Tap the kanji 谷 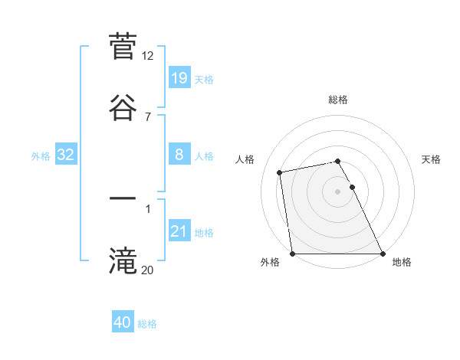coord(123,106)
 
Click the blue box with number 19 coord(179,77)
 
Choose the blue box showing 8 coord(179,155)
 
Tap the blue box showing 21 coord(179,231)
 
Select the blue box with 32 coord(66,155)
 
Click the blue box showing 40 coord(123,322)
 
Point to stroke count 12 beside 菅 coord(148,55)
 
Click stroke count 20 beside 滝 coord(148,269)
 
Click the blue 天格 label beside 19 coord(204,79)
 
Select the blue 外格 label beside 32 coord(41,155)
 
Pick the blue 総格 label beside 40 coord(147,324)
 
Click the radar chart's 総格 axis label coord(338,100)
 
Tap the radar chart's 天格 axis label coord(432,159)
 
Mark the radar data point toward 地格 coord(383,254)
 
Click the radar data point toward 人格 coord(281,172)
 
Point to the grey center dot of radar coord(338,191)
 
